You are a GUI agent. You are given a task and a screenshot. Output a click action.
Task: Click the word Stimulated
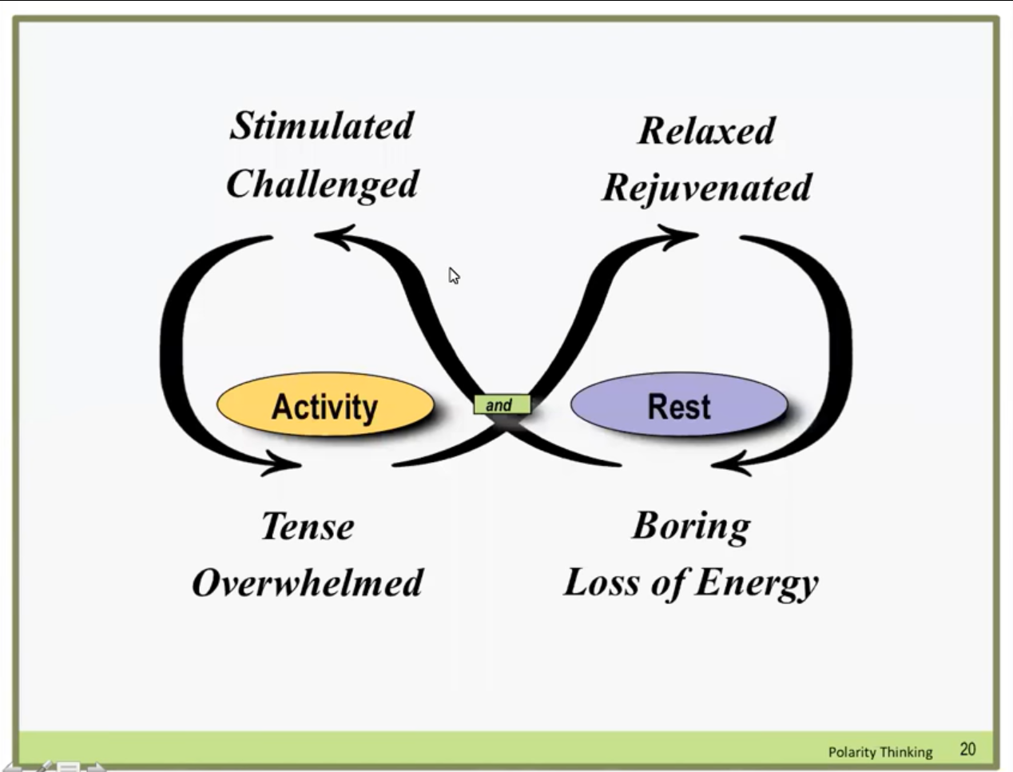click(322, 126)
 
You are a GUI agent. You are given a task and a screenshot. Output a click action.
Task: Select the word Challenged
click(322, 185)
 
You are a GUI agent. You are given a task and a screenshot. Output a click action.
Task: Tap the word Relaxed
click(706, 131)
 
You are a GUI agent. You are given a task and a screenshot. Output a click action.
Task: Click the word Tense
click(308, 526)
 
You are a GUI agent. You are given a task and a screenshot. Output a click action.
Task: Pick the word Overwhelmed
click(308, 583)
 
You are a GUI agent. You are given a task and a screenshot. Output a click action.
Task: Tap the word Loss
click(600, 583)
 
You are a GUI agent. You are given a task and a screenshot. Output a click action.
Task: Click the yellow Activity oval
click(325, 404)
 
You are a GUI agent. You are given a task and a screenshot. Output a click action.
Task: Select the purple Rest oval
click(679, 404)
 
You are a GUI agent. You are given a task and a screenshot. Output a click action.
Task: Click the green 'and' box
click(503, 404)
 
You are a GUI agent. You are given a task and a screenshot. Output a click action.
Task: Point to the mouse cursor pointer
click(454, 276)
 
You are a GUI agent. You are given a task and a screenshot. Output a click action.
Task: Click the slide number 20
click(967, 750)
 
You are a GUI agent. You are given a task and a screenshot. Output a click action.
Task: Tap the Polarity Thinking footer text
click(880, 753)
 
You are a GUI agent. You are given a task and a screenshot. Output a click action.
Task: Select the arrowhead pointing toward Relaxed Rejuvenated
click(678, 237)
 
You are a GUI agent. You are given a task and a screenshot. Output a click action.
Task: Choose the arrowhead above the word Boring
click(731, 464)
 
